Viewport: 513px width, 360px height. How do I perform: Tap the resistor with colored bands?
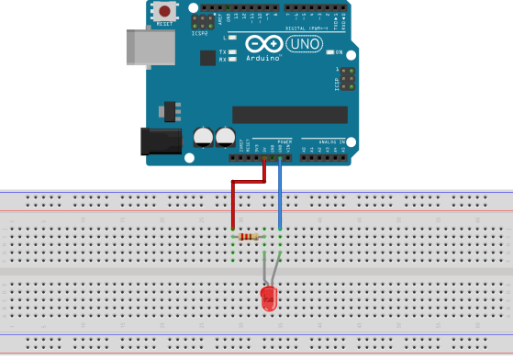248,237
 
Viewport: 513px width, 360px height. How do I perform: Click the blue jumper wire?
280,193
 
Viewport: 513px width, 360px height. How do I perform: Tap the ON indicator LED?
329,52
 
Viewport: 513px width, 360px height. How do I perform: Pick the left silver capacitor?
203,137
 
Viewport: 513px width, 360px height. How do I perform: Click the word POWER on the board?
284,142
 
